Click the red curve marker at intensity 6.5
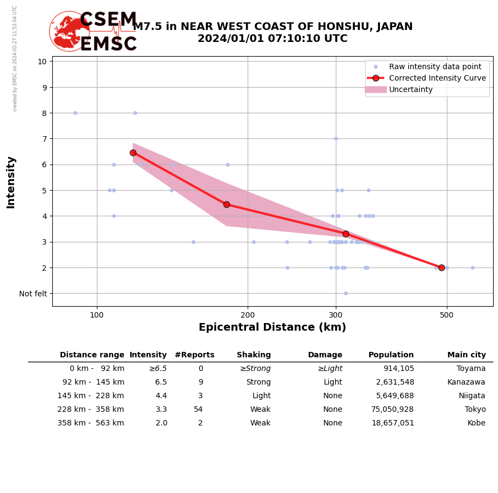133,153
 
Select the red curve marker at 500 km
441,267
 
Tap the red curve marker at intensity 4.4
226,204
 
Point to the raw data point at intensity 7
336,138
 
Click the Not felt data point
346,293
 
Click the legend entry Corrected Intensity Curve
437,78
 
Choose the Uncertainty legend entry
410,89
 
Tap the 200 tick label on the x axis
248,314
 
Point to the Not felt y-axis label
33,294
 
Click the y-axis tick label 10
42,61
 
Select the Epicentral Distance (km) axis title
272,327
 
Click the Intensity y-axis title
11,182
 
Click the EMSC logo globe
69,31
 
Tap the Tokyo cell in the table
475,410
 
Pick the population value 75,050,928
392,410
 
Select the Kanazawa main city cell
466,382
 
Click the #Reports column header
194,355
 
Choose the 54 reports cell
198,410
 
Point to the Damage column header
325,355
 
